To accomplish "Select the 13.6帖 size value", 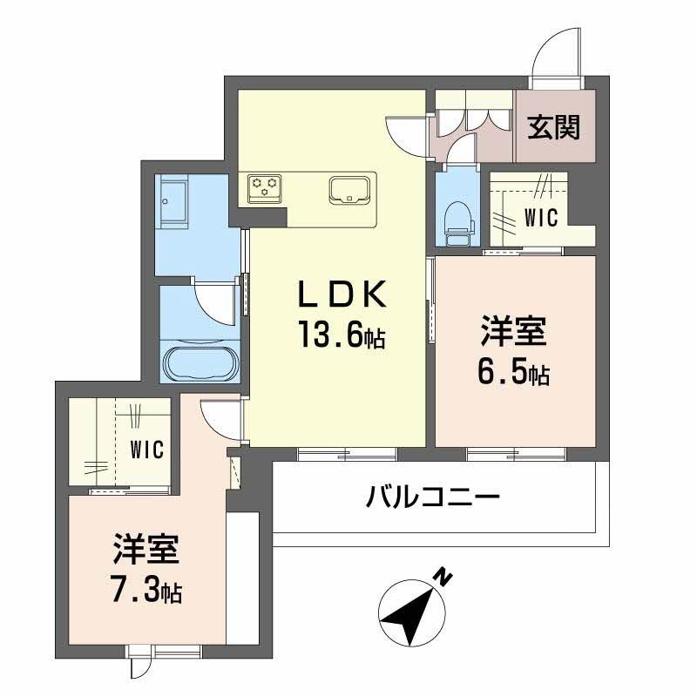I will tap(342, 335).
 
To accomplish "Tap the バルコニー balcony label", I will tap(432, 499).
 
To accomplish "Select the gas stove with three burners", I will tap(265, 186).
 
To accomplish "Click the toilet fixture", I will tap(457, 218).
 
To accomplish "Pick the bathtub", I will tap(200, 363).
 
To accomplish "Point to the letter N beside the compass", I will tap(443, 576).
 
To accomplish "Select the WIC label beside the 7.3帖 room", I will tap(146, 450).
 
